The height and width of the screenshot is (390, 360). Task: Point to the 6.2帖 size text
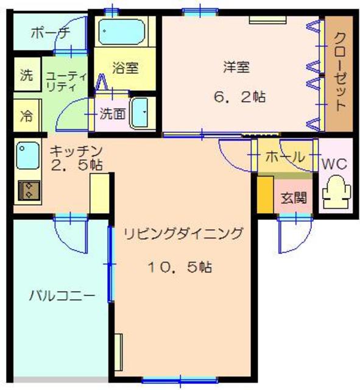click(238, 96)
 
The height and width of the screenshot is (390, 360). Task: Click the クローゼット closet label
click(339, 72)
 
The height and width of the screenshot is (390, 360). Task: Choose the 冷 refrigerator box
click(26, 116)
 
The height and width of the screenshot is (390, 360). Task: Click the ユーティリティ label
click(66, 80)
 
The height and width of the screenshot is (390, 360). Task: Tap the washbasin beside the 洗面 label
click(143, 113)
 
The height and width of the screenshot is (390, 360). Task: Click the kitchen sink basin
click(28, 156)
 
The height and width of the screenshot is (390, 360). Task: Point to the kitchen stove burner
click(28, 191)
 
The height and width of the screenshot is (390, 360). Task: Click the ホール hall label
click(284, 157)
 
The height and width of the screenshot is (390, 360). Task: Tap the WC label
click(334, 164)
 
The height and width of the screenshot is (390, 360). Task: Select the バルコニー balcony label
click(62, 297)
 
